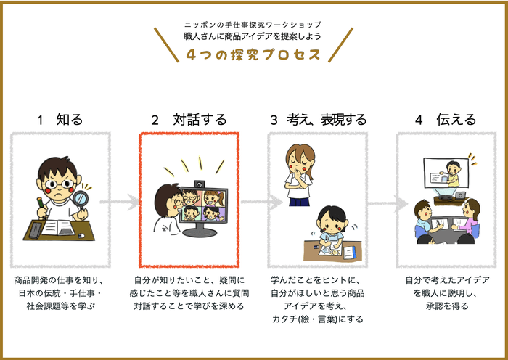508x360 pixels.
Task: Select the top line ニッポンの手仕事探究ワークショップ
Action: tap(253, 25)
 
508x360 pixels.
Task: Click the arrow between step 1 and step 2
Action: tap(123, 202)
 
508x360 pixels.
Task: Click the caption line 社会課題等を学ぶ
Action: tap(60, 306)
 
